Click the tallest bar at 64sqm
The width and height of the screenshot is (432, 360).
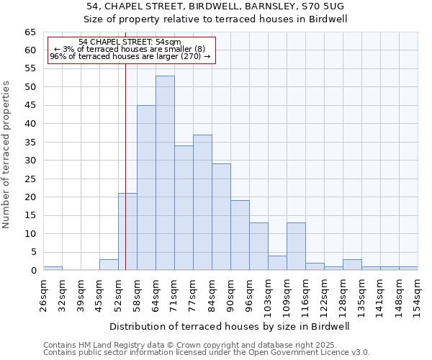(x=165, y=173)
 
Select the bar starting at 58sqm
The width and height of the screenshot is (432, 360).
(x=146, y=187)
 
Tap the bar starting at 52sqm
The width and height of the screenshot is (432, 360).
(x=127, y=231)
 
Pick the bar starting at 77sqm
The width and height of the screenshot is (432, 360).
(x=202, y=202)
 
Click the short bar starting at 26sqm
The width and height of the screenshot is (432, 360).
(x=53, y=268)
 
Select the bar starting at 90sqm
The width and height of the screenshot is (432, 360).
(x=240, y=235)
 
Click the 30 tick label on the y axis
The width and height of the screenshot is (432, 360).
(x=30, y=161)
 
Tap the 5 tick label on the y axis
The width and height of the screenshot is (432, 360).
(x=33, y=252)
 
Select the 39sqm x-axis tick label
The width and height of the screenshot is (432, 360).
(x=81, y=292)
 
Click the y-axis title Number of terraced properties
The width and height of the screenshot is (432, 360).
(x=6, y=155)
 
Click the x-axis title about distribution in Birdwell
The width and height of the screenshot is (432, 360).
(x=230, y=326)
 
